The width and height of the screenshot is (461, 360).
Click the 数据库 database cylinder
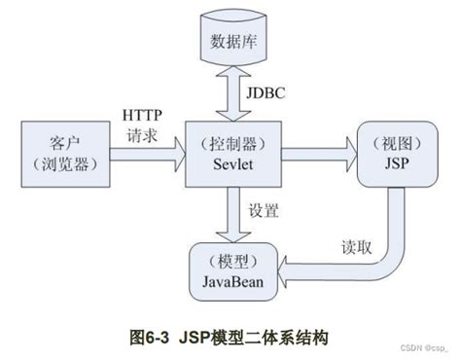233,45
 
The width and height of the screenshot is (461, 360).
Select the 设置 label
264,209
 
